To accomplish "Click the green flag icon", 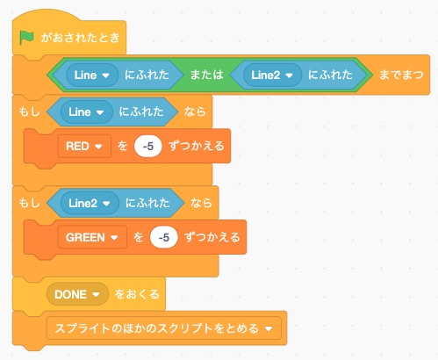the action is click(x=26, y=38).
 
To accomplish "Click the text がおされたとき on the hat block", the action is click(x=81, y=38).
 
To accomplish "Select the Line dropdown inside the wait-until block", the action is click(x=92, y=76).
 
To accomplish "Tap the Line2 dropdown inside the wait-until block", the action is click(x=272, y=76).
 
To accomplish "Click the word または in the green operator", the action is click(x=206, y=75).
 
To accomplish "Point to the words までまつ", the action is click(x=401, y=75).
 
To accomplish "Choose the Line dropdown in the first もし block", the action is click(x=86, y=112).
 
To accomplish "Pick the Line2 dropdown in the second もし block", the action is click(x=90, y=203).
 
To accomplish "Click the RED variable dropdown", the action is click(x=84, y=146).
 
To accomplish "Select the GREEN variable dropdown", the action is click(x=92, y=237).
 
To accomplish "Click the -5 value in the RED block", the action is click(x=148, y=146).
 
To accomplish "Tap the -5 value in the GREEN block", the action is click(x=164, y=237).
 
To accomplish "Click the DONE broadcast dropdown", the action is click(x=77, y=294).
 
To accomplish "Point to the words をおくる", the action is click(x=137, y=294).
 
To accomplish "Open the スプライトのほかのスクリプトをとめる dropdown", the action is click(x=164, y=328).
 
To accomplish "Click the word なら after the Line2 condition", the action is click(x=201, y=203).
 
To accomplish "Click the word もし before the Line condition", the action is click(x=29, y=112).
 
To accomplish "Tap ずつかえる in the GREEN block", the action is click(x=212, y=237).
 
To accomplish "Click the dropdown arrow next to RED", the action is click(x=98, y=147).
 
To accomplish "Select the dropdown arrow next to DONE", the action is click(x=96, y=294).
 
